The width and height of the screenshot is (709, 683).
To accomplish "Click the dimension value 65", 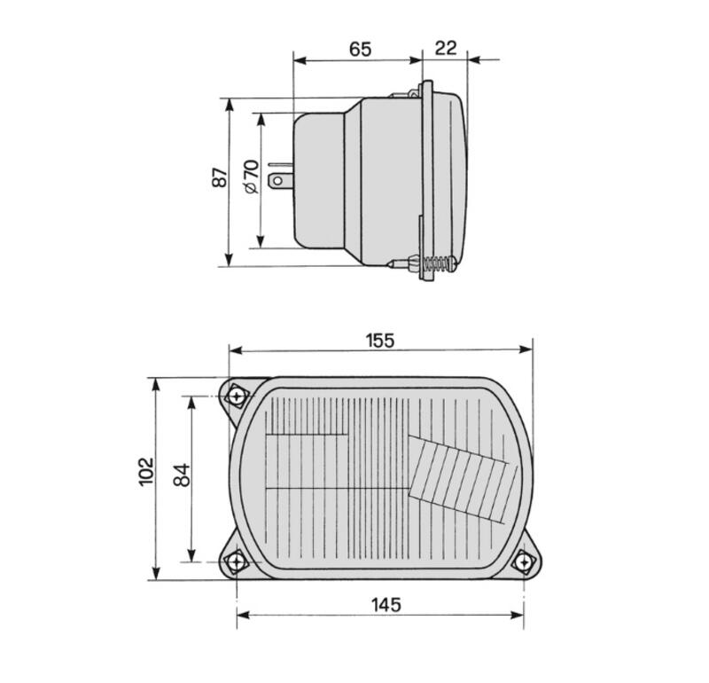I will pyautogui.click(x=359, y=49).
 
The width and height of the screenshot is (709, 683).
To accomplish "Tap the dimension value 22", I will pyautogui.click(x=446, y=47).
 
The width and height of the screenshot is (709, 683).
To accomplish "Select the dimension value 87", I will pyautogui.click(x=219, y=177).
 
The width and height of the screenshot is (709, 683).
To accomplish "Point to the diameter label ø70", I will pyautogui.click(x=251, y=177).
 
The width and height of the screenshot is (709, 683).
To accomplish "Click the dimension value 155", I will pyautogui.click(x=379, y=340).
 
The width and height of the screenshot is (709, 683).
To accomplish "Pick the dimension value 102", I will pyautogui.click(x=147, y=471).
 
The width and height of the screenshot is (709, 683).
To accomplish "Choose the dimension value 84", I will pyautogui.click(x=181, y=475).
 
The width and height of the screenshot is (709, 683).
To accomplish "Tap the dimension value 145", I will pyautogui.click(x=386, y=605).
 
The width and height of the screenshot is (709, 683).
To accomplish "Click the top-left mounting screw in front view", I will pyautogui.click(x=237, y=396).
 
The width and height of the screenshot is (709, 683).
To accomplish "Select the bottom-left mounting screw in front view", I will pyautogui.click(x=237, y=561).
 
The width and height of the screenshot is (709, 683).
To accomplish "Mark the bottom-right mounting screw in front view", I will pyautogui.click(x=525, y=562).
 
